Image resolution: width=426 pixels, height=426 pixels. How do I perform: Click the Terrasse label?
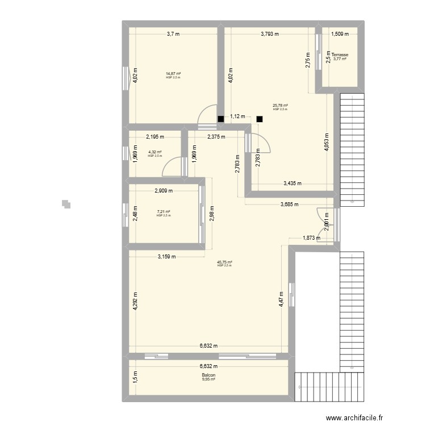340,55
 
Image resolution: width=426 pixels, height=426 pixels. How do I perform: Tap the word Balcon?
208,375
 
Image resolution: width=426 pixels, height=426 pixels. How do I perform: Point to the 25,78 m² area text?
280,105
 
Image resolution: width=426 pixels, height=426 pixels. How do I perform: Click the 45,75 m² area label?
224,262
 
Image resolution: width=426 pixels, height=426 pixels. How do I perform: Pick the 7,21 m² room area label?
164,212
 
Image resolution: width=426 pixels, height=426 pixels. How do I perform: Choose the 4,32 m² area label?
155,152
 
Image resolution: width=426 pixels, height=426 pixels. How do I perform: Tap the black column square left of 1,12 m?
220,119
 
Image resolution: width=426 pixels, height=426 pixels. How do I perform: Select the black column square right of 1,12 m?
259,119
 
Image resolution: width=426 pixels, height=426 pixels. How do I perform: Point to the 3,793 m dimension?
270,34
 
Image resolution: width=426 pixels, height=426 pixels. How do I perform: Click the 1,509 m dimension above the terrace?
340,34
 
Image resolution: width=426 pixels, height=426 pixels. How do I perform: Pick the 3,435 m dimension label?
292,183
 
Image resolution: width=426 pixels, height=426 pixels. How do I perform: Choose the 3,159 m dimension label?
166,256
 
